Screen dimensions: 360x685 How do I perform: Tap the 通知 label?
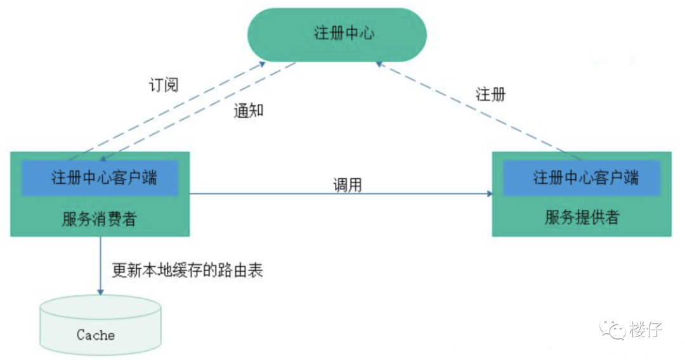248,111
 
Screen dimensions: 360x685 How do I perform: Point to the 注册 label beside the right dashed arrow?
490,95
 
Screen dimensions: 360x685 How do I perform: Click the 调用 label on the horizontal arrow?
348,184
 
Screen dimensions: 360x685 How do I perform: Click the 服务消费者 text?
99,219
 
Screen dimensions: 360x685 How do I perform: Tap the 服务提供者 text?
581,218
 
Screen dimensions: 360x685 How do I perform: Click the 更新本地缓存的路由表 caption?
187,271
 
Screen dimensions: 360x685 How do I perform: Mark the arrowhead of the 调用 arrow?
490,194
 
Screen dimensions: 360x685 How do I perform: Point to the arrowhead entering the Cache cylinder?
100,292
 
